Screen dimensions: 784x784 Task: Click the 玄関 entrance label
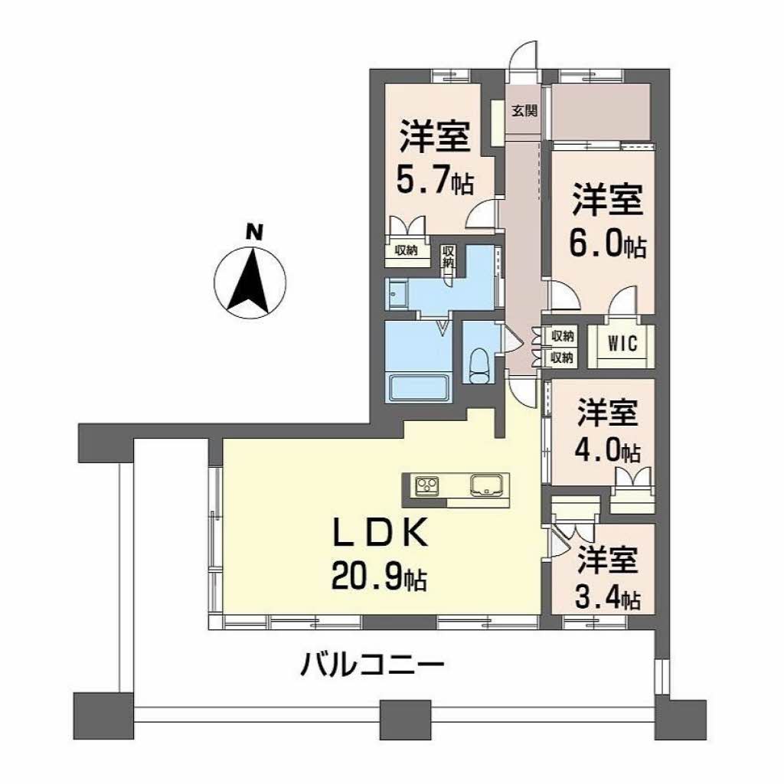[x=524, y=110]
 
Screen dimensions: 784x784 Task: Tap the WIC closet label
[x=622, y=343]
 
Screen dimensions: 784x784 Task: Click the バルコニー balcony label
[x=372, y=663]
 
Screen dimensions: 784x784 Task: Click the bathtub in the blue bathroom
[x=418, y=387]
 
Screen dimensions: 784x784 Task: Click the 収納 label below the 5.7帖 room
[x=407, y=252]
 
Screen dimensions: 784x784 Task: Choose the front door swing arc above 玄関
[x=524, y=57]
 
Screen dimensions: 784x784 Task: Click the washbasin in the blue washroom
[x=397, y=292]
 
